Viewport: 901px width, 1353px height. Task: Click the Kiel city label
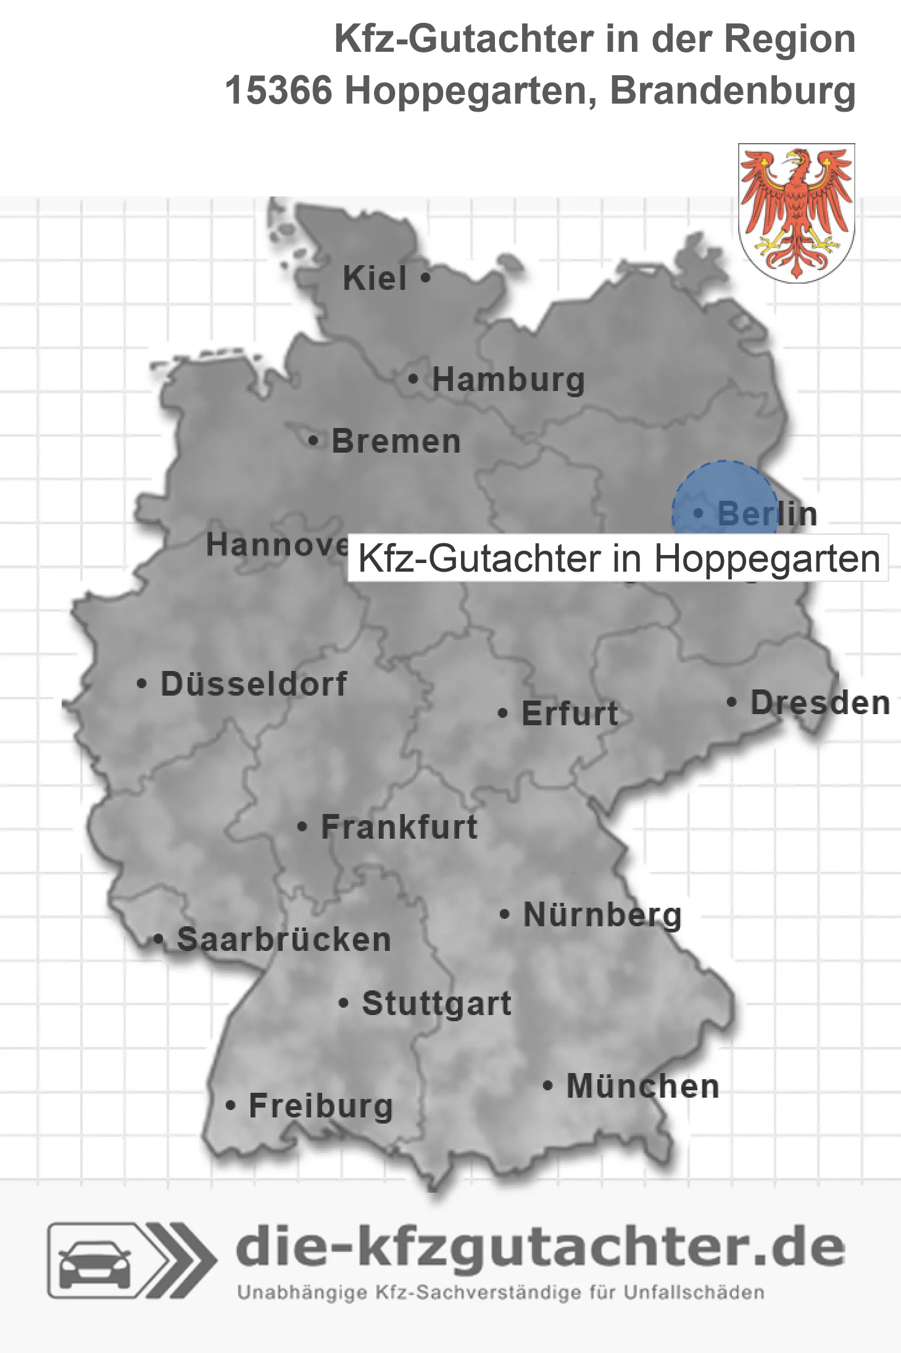pos(375,278)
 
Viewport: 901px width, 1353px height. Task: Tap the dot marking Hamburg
pos(413,379)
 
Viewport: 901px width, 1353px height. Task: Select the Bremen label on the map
pos(396,442)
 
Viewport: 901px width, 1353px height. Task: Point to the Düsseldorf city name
pos(254,684)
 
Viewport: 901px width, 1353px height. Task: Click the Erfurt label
pos(570,714)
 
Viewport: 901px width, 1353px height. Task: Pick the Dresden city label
pos(820,703)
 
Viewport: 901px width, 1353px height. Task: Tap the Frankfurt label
pos(399,827)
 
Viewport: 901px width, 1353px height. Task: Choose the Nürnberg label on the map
pos(602,915)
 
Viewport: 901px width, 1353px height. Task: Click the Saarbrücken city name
pos(284,940)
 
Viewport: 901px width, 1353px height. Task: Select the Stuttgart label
pos(436,1003)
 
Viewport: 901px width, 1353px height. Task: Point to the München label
pos(642,1086)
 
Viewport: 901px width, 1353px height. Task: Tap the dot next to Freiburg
pos(231,1105)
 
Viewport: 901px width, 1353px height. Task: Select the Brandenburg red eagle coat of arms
pos(796,212)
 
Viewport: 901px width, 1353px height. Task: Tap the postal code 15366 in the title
pos(278,91)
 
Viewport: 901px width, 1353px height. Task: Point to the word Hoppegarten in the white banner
pos(766,559)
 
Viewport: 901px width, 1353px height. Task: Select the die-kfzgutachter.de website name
pos(540,1247)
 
